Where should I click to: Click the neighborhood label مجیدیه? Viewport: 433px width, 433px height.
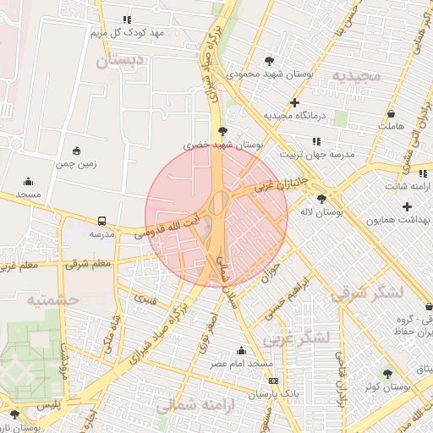pos(357,75)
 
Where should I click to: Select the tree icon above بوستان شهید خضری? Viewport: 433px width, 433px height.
pos(222,131)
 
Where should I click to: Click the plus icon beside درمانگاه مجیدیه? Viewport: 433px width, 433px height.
pos(294,102)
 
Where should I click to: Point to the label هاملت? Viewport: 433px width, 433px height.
pos(391,126)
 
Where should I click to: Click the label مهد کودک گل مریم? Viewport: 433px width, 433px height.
pos(127,33)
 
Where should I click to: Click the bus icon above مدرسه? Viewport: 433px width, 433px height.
pos(102,220)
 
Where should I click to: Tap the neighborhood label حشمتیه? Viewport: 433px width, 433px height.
pos(52,299)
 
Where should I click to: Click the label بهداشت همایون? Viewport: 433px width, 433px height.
pos(398,219)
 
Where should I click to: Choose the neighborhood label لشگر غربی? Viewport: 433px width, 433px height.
pos(295,337)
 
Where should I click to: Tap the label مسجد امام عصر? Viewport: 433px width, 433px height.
pos(243,363)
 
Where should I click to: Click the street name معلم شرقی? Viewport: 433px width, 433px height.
pos(88,265)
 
